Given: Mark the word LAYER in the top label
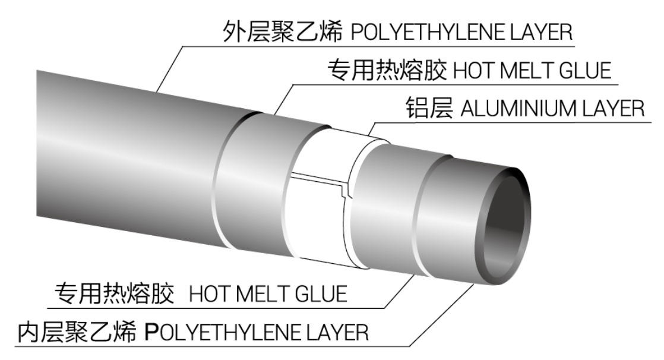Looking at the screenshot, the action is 541,32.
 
